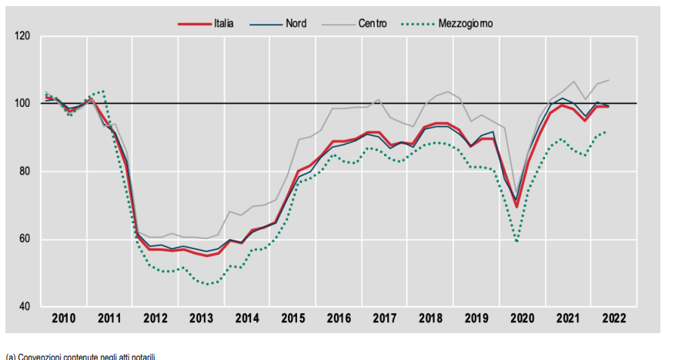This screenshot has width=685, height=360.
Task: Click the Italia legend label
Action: tap(224, 24)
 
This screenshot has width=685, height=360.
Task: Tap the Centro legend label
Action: tap(373, 24)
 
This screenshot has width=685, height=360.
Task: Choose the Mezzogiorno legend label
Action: tap(466, 24)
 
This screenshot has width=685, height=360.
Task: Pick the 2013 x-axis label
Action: tap(201, 318)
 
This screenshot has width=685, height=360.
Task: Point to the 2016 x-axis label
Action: tap(339, 318)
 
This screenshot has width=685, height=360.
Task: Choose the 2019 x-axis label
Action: tap(476, 318)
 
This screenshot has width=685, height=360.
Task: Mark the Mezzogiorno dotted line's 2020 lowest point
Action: tap(516, 242)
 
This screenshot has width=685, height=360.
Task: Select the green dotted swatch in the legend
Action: tap(417, 24)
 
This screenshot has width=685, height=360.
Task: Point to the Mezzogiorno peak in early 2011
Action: tap(102, 91)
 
